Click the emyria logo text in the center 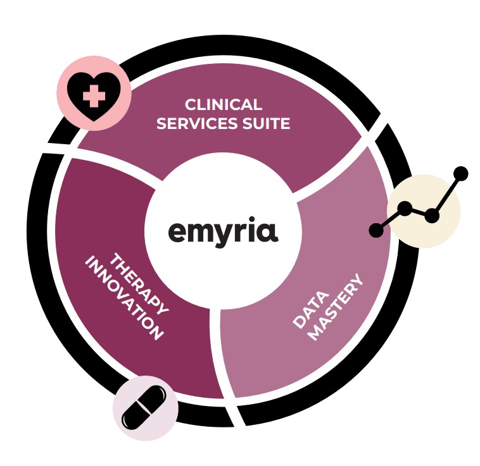click(x=223, y=231)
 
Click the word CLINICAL click(x=224, y=105)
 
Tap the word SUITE click(x=267, y=123)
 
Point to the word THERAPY click(x=139, y=283)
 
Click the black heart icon click(x=94, y=96)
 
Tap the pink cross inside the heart click(x=94, y=96)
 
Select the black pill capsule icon click(x=144, y=407)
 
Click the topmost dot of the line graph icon click(x=460, y=174)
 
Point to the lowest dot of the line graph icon click(x=377, y=230)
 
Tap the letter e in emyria click(x=178, y=232)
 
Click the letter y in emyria click(x=227, y=235)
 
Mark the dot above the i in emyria click(x=253, y=219)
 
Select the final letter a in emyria click(x=268, y=232)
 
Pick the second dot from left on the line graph click(x=405, y=209)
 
